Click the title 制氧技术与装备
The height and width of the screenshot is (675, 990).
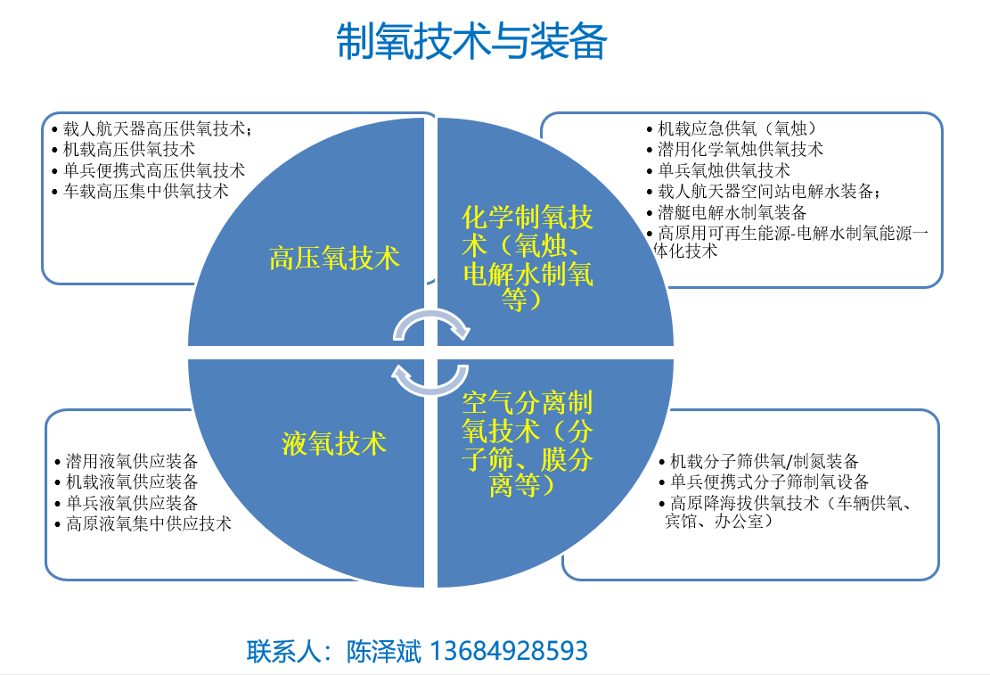pyautogui.click(x=471, y=42)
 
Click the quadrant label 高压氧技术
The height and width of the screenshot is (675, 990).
pyautogui.click(x=335, y=259)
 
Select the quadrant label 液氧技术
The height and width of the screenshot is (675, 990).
pyautogui.click(x=334, y=444)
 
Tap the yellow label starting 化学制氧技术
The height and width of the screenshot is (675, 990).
pyautogui.click(x=528, y=257)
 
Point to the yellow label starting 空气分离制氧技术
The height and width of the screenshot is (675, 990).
pyautogui.click(x=528, y=444)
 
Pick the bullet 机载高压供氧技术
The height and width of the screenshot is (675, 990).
pyautogui.click(x=125, y=150)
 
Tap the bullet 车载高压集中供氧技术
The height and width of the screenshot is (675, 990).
pyautogui.click(x=141, y=192)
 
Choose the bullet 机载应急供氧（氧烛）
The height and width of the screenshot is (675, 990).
pyautogui.click(x=732, y=129)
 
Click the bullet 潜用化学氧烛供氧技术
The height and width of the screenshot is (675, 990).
pyautogui.click(x=735, y=150)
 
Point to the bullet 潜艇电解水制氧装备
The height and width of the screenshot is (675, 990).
pyautogui.click(x=727, y=212)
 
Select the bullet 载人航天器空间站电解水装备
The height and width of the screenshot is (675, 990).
pyautogui.click(x=764, y=192)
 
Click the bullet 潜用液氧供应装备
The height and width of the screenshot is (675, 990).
pyautogui.click(x=127, y=461)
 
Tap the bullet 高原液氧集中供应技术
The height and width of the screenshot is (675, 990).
pyautogui.click(x=144, y=524)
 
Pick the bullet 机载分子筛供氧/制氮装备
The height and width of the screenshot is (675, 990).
pyautogui.click(x=759, y=461)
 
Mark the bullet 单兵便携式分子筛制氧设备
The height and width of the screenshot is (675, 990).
pyautogui.click(x=765, y=482)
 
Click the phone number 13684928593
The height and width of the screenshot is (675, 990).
pyautogui.click(x=509, y=651)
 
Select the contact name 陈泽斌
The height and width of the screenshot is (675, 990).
pyautogui.click(x=383, y=652)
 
